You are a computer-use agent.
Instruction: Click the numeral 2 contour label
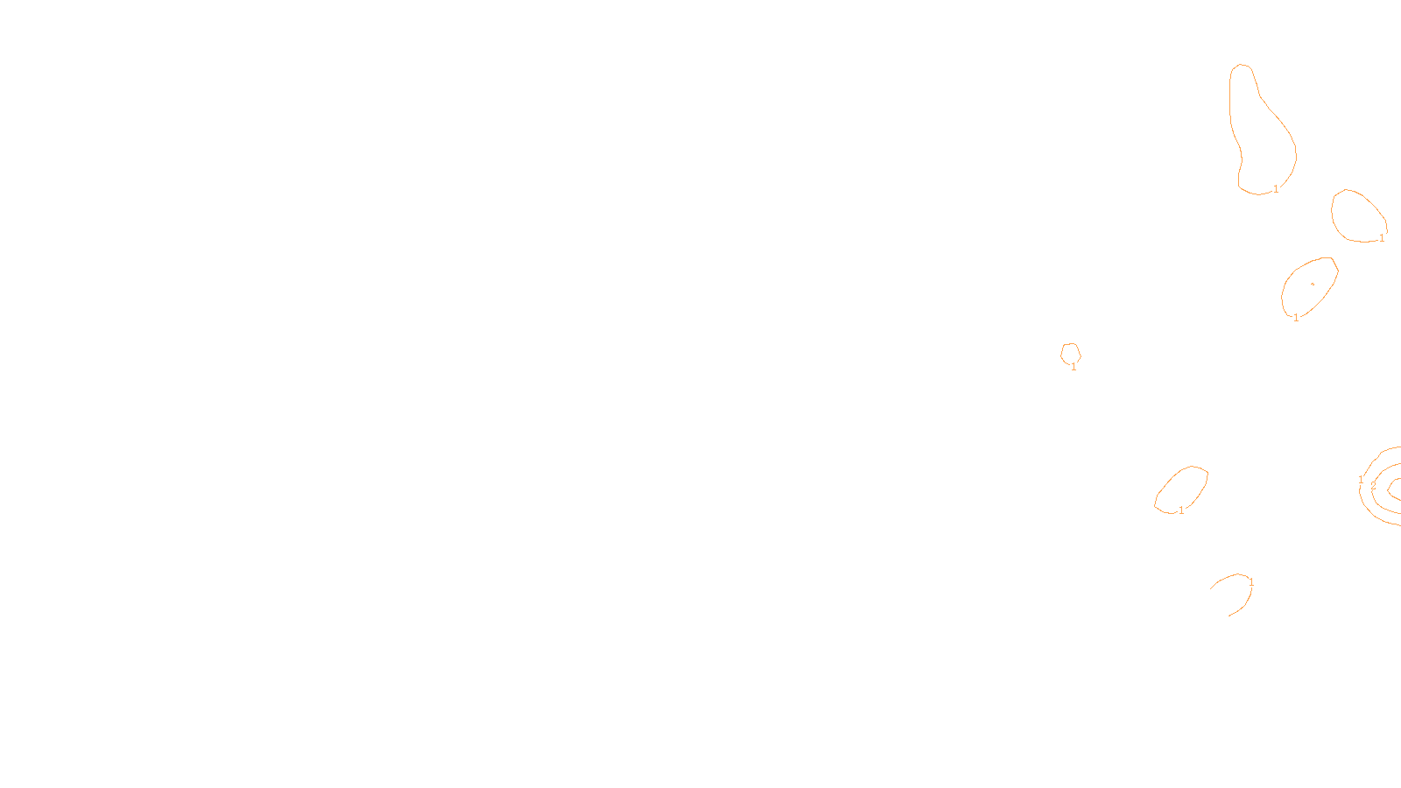(1373, 485)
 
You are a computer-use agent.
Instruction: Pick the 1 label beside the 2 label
(1361, 480)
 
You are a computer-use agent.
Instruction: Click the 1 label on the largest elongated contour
(1276, 189)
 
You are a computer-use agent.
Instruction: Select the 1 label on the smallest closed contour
(1074, 367)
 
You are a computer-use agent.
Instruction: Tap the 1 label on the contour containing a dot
(1296, 318)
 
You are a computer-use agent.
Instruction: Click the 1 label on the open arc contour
(1251, 582)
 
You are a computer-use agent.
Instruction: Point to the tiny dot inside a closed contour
(1312, 284)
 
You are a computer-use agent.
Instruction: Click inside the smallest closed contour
(1070, 353)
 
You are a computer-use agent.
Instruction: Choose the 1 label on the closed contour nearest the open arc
(1181, 510)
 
